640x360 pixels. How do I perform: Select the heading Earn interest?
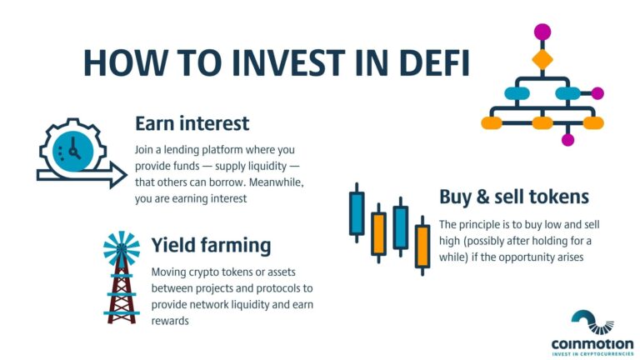point(192,124)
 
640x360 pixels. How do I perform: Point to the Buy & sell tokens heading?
point(514,197)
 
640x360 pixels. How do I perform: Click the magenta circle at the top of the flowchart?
point(542,32)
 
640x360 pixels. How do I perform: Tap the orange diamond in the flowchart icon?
point(542,60)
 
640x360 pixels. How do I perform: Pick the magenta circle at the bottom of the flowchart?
point(568,139)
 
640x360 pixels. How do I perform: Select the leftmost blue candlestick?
point(357,212)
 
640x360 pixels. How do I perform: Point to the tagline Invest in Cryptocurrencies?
point(592,353)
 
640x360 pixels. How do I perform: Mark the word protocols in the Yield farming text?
point(281,288)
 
